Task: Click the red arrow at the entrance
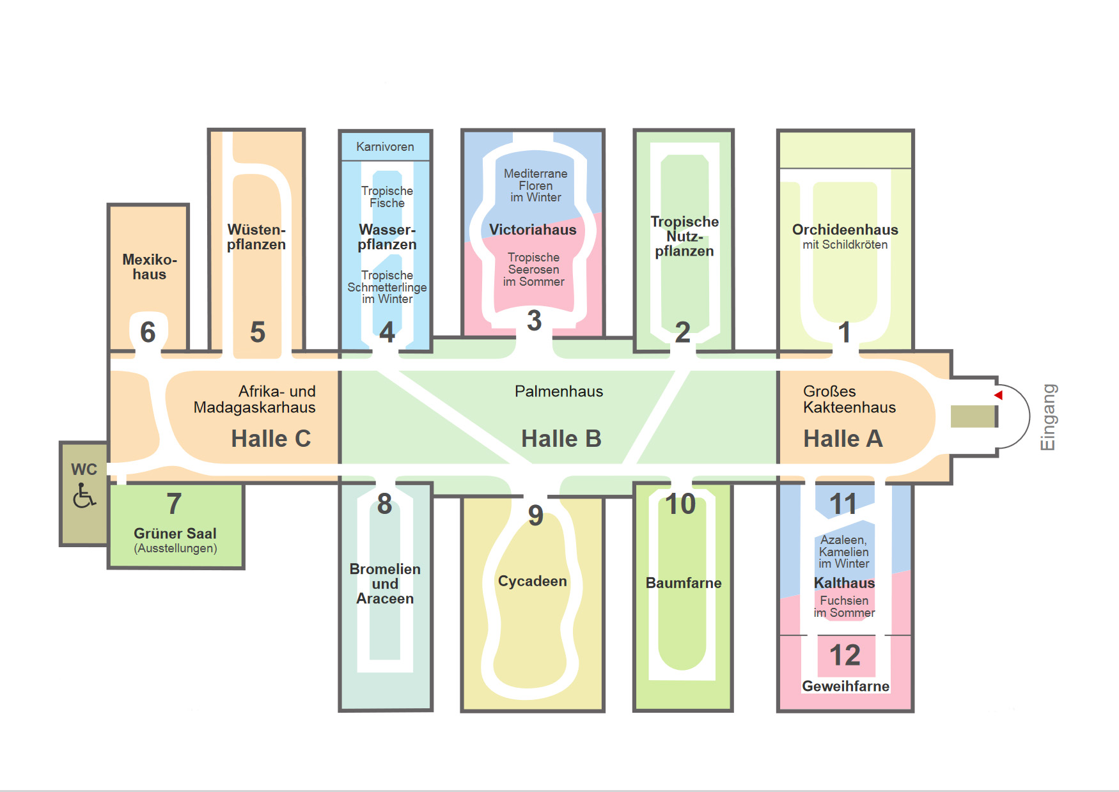(999, 395)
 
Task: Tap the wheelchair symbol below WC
(84, 495)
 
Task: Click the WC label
(84, 469)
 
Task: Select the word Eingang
(1048, 417)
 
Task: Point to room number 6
(148, 332)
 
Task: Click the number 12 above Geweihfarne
(845, 655)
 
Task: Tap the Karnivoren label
(385, 147)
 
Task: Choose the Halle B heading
(561, 439)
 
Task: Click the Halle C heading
(270, 439)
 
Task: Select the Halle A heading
(843, 439)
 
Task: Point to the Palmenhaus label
(559, 391)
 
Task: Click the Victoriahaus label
(533, 229)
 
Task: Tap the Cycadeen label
(532, 581)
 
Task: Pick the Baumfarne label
(683, 583)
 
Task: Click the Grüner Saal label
(175, 533)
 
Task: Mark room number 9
(536, 515)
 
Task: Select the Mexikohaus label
(149, 267)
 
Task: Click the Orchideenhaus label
(845, 229)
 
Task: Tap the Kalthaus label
(844, 583)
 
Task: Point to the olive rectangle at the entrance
(973, 416)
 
